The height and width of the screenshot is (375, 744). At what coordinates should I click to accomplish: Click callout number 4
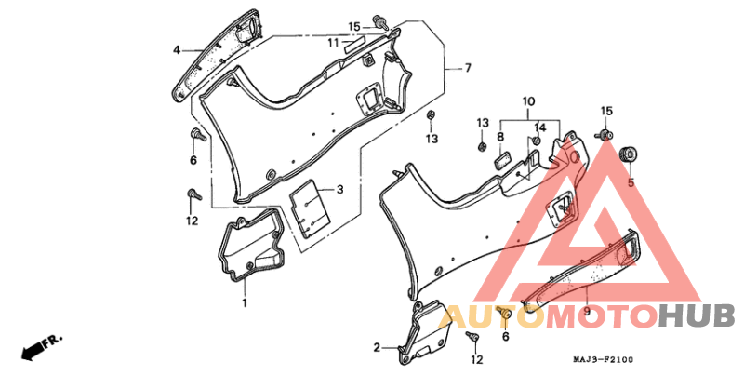tap(177, 49)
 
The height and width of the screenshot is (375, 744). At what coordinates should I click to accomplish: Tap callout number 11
tap(334, 43)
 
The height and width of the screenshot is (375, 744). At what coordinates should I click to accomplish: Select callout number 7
tap(468, 68)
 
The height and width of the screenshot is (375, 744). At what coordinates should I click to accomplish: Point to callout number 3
tap(339, 190)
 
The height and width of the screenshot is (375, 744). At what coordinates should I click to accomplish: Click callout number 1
tap(245, 301)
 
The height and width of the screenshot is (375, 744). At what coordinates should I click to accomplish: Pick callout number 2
tap(377, 348)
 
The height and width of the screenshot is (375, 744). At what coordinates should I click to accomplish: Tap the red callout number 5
tap(631, 182)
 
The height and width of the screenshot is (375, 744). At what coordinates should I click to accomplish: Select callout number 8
tap(500, 137)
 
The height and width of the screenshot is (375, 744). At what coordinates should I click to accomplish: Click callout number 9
tap(587, 311)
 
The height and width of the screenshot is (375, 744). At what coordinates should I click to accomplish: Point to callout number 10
tap(528, 101)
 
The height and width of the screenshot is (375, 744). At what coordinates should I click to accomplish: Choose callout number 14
tap(540, 127)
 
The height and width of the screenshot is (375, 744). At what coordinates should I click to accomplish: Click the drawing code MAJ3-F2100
tap(605, 360)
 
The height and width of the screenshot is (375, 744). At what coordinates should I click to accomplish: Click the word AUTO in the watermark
tap(492, 316)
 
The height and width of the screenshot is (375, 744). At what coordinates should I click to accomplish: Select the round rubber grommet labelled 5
tap(631, 154)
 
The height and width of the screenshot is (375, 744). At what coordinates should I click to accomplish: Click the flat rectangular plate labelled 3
tap(310, 208)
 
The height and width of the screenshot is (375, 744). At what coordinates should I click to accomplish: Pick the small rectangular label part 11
tap(354, 45)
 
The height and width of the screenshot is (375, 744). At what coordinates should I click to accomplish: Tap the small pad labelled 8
tap(503, 160)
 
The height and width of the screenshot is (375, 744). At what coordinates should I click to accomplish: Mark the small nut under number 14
tap(537, 141)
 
